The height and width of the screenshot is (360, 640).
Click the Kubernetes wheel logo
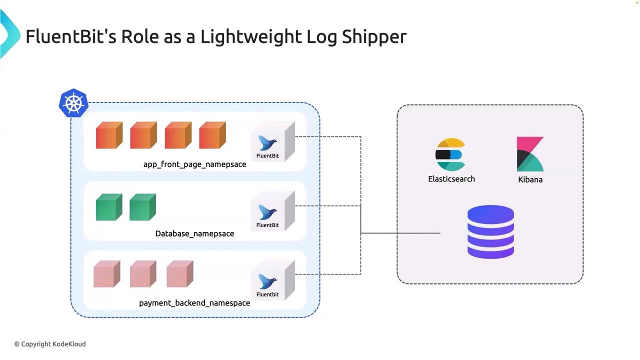tap(73, 103)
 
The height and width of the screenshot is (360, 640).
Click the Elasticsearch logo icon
tap(450, 155)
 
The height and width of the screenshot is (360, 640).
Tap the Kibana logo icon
tap(530, 154)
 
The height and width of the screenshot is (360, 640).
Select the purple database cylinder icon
tap(490, 232)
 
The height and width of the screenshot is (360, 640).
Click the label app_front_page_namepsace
tap(194, 164)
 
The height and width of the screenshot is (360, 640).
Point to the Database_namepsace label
tap(194, 233)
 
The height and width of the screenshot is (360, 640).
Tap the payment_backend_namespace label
tap(194, 303)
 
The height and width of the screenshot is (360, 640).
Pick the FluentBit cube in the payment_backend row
tap(273, 281)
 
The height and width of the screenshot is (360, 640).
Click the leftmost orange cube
tap(109, 135)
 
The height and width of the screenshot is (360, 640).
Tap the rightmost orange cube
tap(212, 135)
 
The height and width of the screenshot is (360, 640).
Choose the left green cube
tap(109, 207)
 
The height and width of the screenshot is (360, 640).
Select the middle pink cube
tap(143, 274)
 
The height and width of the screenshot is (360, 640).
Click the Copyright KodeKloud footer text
tap(50, 344)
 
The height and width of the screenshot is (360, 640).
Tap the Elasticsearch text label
tap(451, 179)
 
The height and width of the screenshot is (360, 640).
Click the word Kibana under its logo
tap(530, 179)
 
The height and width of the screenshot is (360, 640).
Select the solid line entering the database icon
tap(400, 233)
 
